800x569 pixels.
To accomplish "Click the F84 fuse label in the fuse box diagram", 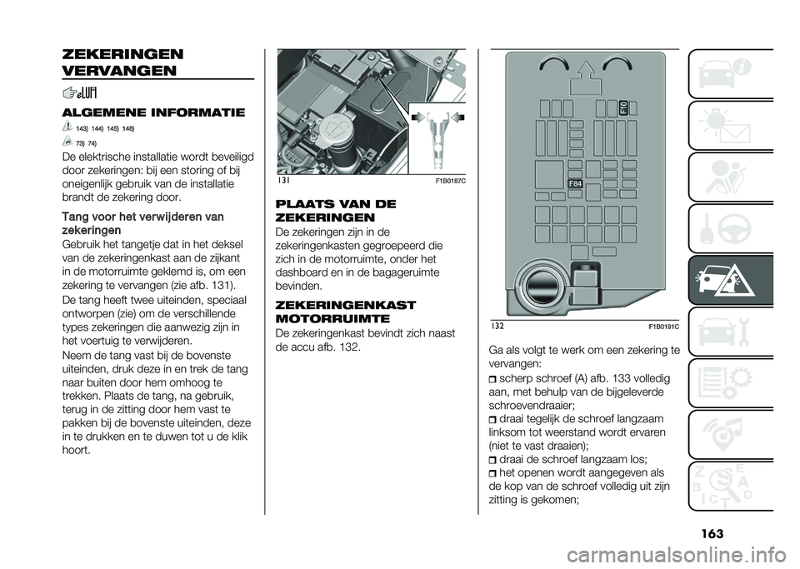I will click(x=575, y=183).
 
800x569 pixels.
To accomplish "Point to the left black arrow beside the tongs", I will click(x=417, y=116).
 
